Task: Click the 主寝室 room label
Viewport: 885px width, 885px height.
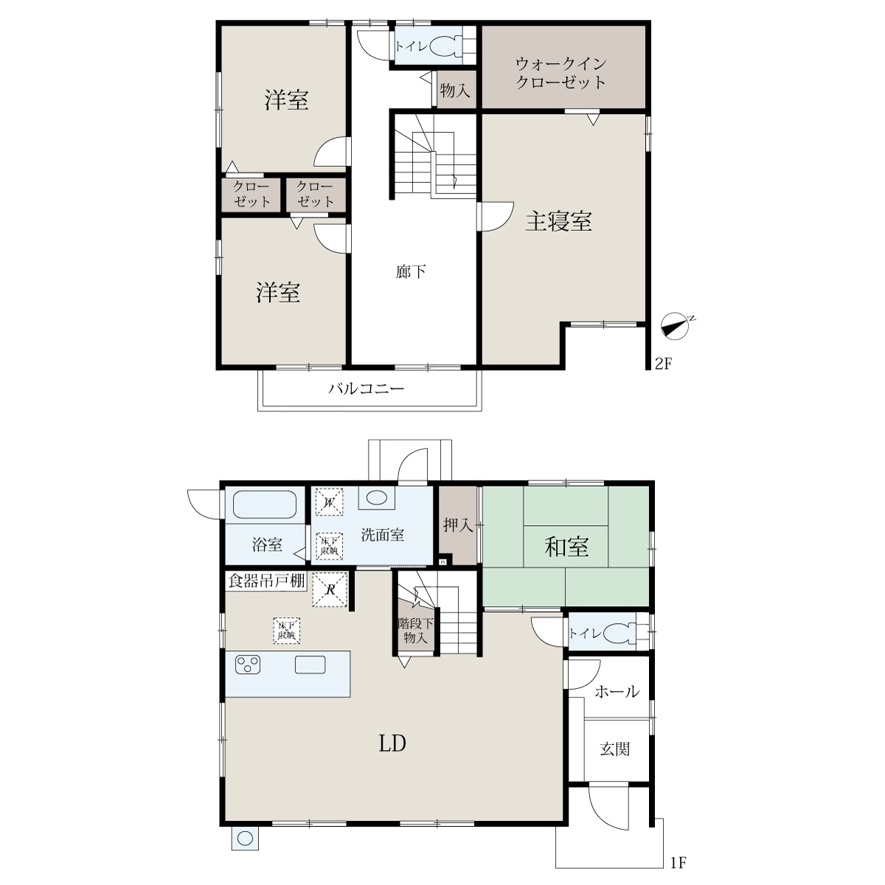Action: (558, 221)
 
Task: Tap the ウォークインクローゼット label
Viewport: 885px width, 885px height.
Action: (560, 73)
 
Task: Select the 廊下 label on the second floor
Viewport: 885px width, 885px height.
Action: (411, 272)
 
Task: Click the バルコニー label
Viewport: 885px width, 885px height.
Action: (367, 389)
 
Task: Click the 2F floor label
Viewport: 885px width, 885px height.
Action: (663, 364)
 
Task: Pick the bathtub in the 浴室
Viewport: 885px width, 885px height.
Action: (265, 505)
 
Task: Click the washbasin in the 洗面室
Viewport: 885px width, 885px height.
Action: (376, 497)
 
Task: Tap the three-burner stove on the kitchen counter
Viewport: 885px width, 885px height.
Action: (248, 665)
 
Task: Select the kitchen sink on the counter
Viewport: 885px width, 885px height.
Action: (310, 664)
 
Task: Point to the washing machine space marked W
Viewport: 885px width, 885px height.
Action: (329, 502)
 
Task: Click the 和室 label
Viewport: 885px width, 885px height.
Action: (566, 546)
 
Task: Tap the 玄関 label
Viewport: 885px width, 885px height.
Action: (614, 749)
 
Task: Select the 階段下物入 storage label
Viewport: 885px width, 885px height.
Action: (416, 630)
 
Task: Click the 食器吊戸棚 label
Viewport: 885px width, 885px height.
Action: (266, 581)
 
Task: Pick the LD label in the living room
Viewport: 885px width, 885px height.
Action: (392, 743)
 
